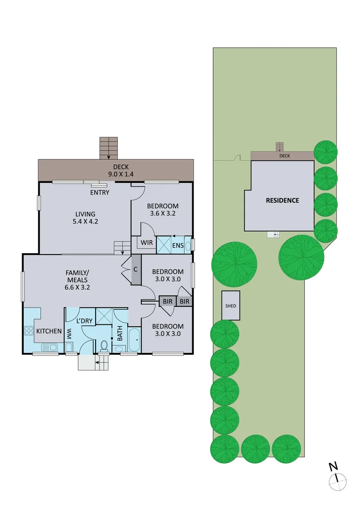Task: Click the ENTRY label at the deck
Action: click(x=100, y=192)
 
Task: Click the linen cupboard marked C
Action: click(x=136, y=270)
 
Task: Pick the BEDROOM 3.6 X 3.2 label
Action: click(x=163, y=210)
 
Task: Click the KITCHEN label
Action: click(x=49, y=331)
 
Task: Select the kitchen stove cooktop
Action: click(x=28, y=331)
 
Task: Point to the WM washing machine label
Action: click(x=69, y=334)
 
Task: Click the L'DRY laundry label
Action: click(x=85, y=320)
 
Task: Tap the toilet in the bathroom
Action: click(x=104, y=345)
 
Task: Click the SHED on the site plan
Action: click(x=231, y=305)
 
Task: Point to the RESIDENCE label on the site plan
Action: click(x=282, y=200)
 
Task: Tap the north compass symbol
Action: click(x=337, y=480)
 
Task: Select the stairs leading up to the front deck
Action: click(x=108, y=148)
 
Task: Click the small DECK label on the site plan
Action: click(x=285, y=156)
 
